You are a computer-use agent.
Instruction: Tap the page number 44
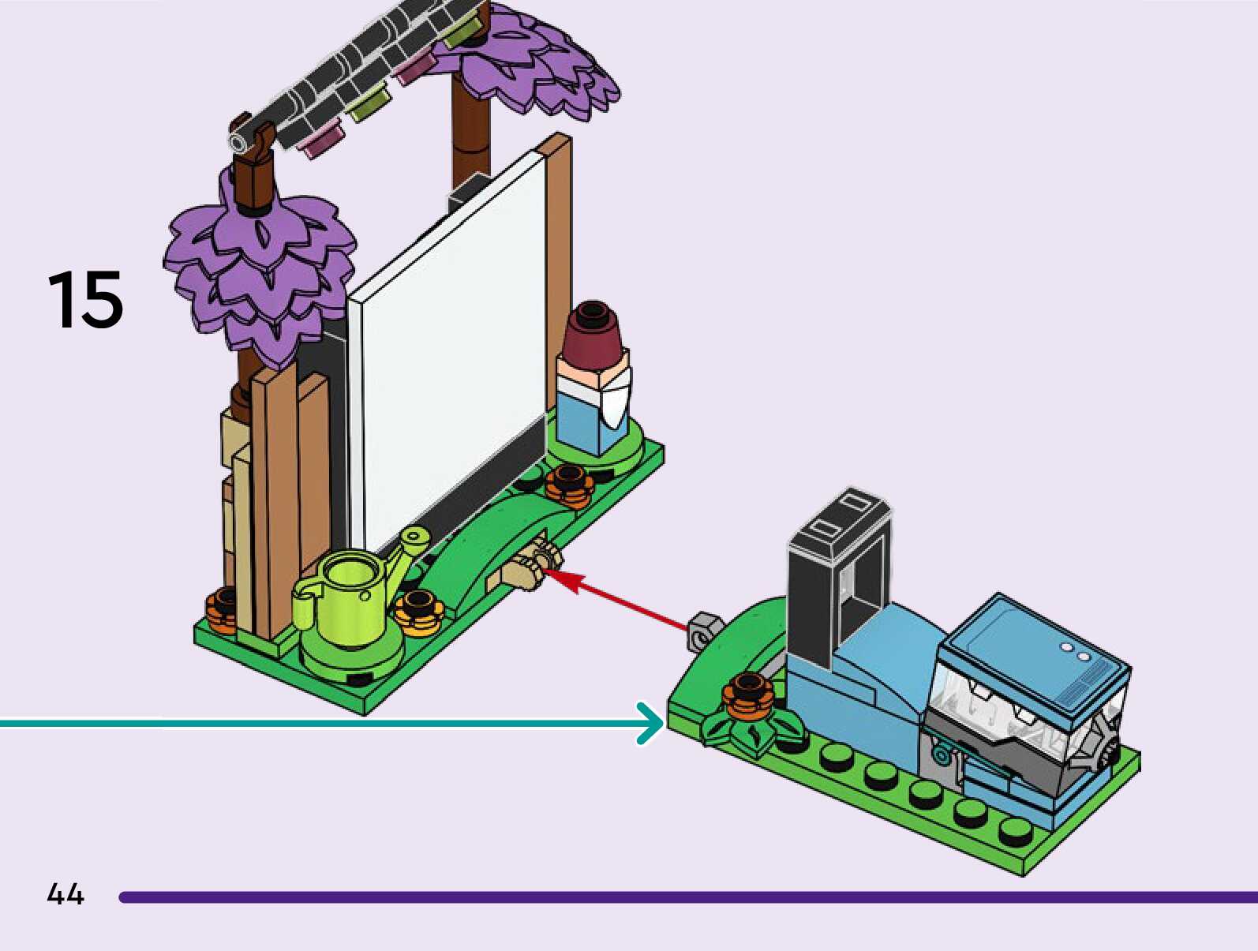(x=66, y=893)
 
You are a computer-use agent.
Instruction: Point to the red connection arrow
(x=616, y=599)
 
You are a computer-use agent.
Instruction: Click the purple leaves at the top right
(x=527, y=66)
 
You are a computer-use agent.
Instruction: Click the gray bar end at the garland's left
(x=236, y=141)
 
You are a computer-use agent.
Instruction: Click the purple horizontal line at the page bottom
(x=687, y=897)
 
